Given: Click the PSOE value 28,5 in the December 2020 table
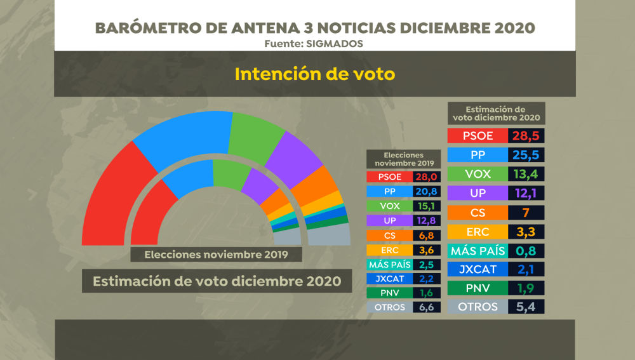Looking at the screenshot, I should pos(527,136).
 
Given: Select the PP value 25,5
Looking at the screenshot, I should pos(527,155).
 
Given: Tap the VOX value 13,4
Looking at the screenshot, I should pos(527,174).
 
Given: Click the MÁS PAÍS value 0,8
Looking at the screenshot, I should pos(527,250).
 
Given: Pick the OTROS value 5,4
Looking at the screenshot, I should pos(527,307).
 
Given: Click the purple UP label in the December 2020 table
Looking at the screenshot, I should pos(478,193).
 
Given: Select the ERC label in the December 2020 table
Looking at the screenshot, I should pos(478,231).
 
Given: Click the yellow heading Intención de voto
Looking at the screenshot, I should pos(315,74).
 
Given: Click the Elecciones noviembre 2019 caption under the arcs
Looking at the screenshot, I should pos(216,255).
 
